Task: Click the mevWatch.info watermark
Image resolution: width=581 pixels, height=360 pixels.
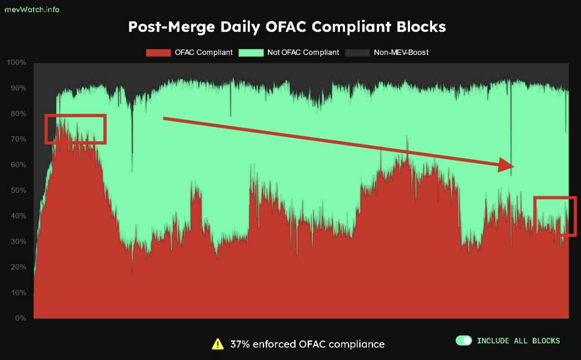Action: (x=32, y=9)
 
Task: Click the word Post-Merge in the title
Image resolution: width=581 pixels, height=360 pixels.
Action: (x=171, y=27)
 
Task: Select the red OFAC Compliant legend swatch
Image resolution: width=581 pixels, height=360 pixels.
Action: (x=158, y=53)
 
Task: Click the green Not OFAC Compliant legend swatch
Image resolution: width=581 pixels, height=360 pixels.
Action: (x=251, y=53)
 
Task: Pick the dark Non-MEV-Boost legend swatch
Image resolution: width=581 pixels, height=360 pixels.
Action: (x=357, y=53)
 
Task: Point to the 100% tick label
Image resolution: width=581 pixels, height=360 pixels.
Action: (x=16, y=62)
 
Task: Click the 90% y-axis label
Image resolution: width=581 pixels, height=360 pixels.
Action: (x=18, y=88)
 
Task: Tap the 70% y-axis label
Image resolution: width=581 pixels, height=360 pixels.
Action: (x=18, y=139)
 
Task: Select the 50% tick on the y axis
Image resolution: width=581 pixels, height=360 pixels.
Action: (x=18, y=190)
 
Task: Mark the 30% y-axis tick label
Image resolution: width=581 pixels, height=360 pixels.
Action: (x=18, y=242)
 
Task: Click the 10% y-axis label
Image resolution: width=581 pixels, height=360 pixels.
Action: (x=18, y=293)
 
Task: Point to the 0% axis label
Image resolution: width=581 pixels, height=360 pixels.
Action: (x=20, y=318)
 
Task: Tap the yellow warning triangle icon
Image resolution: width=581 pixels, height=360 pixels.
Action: (x=218, y=344)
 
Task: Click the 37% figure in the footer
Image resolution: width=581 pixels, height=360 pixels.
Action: (x=239, y=344)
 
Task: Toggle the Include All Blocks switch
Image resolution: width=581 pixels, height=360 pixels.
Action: (x=464, y=340)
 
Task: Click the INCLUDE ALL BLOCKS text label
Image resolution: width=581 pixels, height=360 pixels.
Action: (x=518, y=340)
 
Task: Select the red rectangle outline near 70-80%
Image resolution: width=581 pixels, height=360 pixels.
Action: (x=75, y=115)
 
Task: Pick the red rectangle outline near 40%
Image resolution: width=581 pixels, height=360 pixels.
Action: (x=555, y=197)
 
